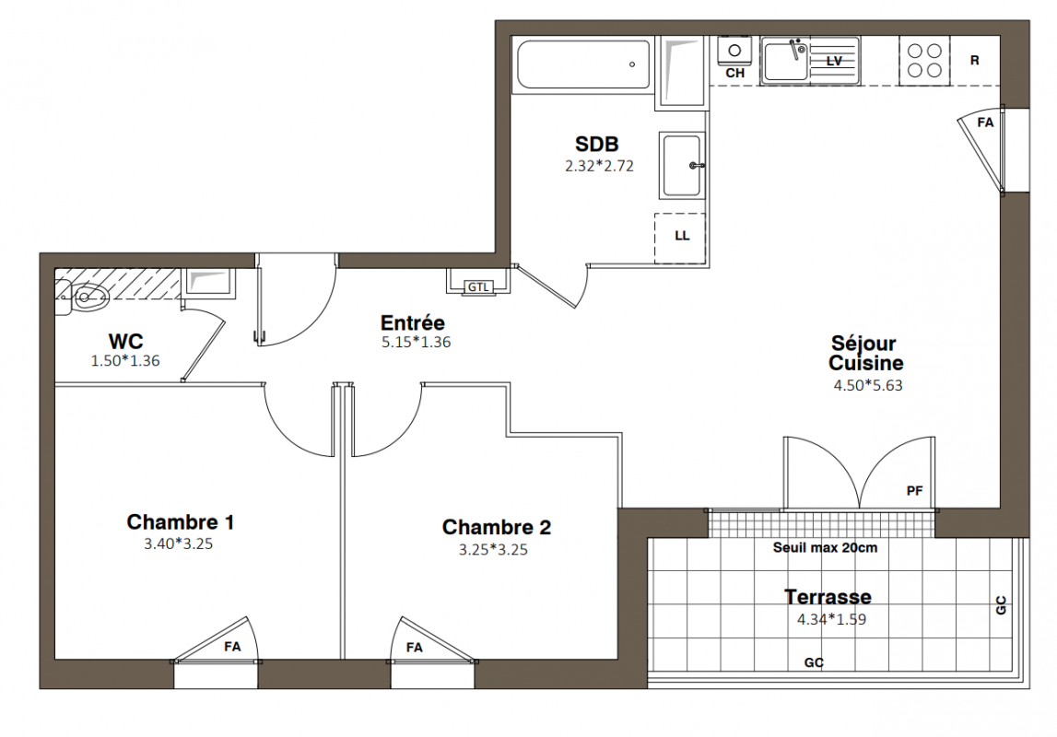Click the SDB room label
click(596, 144)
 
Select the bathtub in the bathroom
click(583, 64)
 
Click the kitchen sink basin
click(786, 60)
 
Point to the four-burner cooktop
click(924, 61)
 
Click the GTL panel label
click(478, 287)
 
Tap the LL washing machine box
click(680, 239)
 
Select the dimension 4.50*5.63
click(867, 385)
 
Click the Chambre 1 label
click(180, 522)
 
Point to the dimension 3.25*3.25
click(493, 550)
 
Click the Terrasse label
click(828, 597)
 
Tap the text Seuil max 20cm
click(825, 548)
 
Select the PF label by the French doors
click(914, 491)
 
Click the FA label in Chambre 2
click(414, 648)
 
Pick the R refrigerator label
click(975, 61)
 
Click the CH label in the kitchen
click(734, 74)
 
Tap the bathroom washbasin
click(682, 166)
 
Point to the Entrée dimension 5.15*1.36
click(416, 342)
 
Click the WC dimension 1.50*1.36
click(125, 361)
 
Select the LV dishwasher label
click(834, 61)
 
